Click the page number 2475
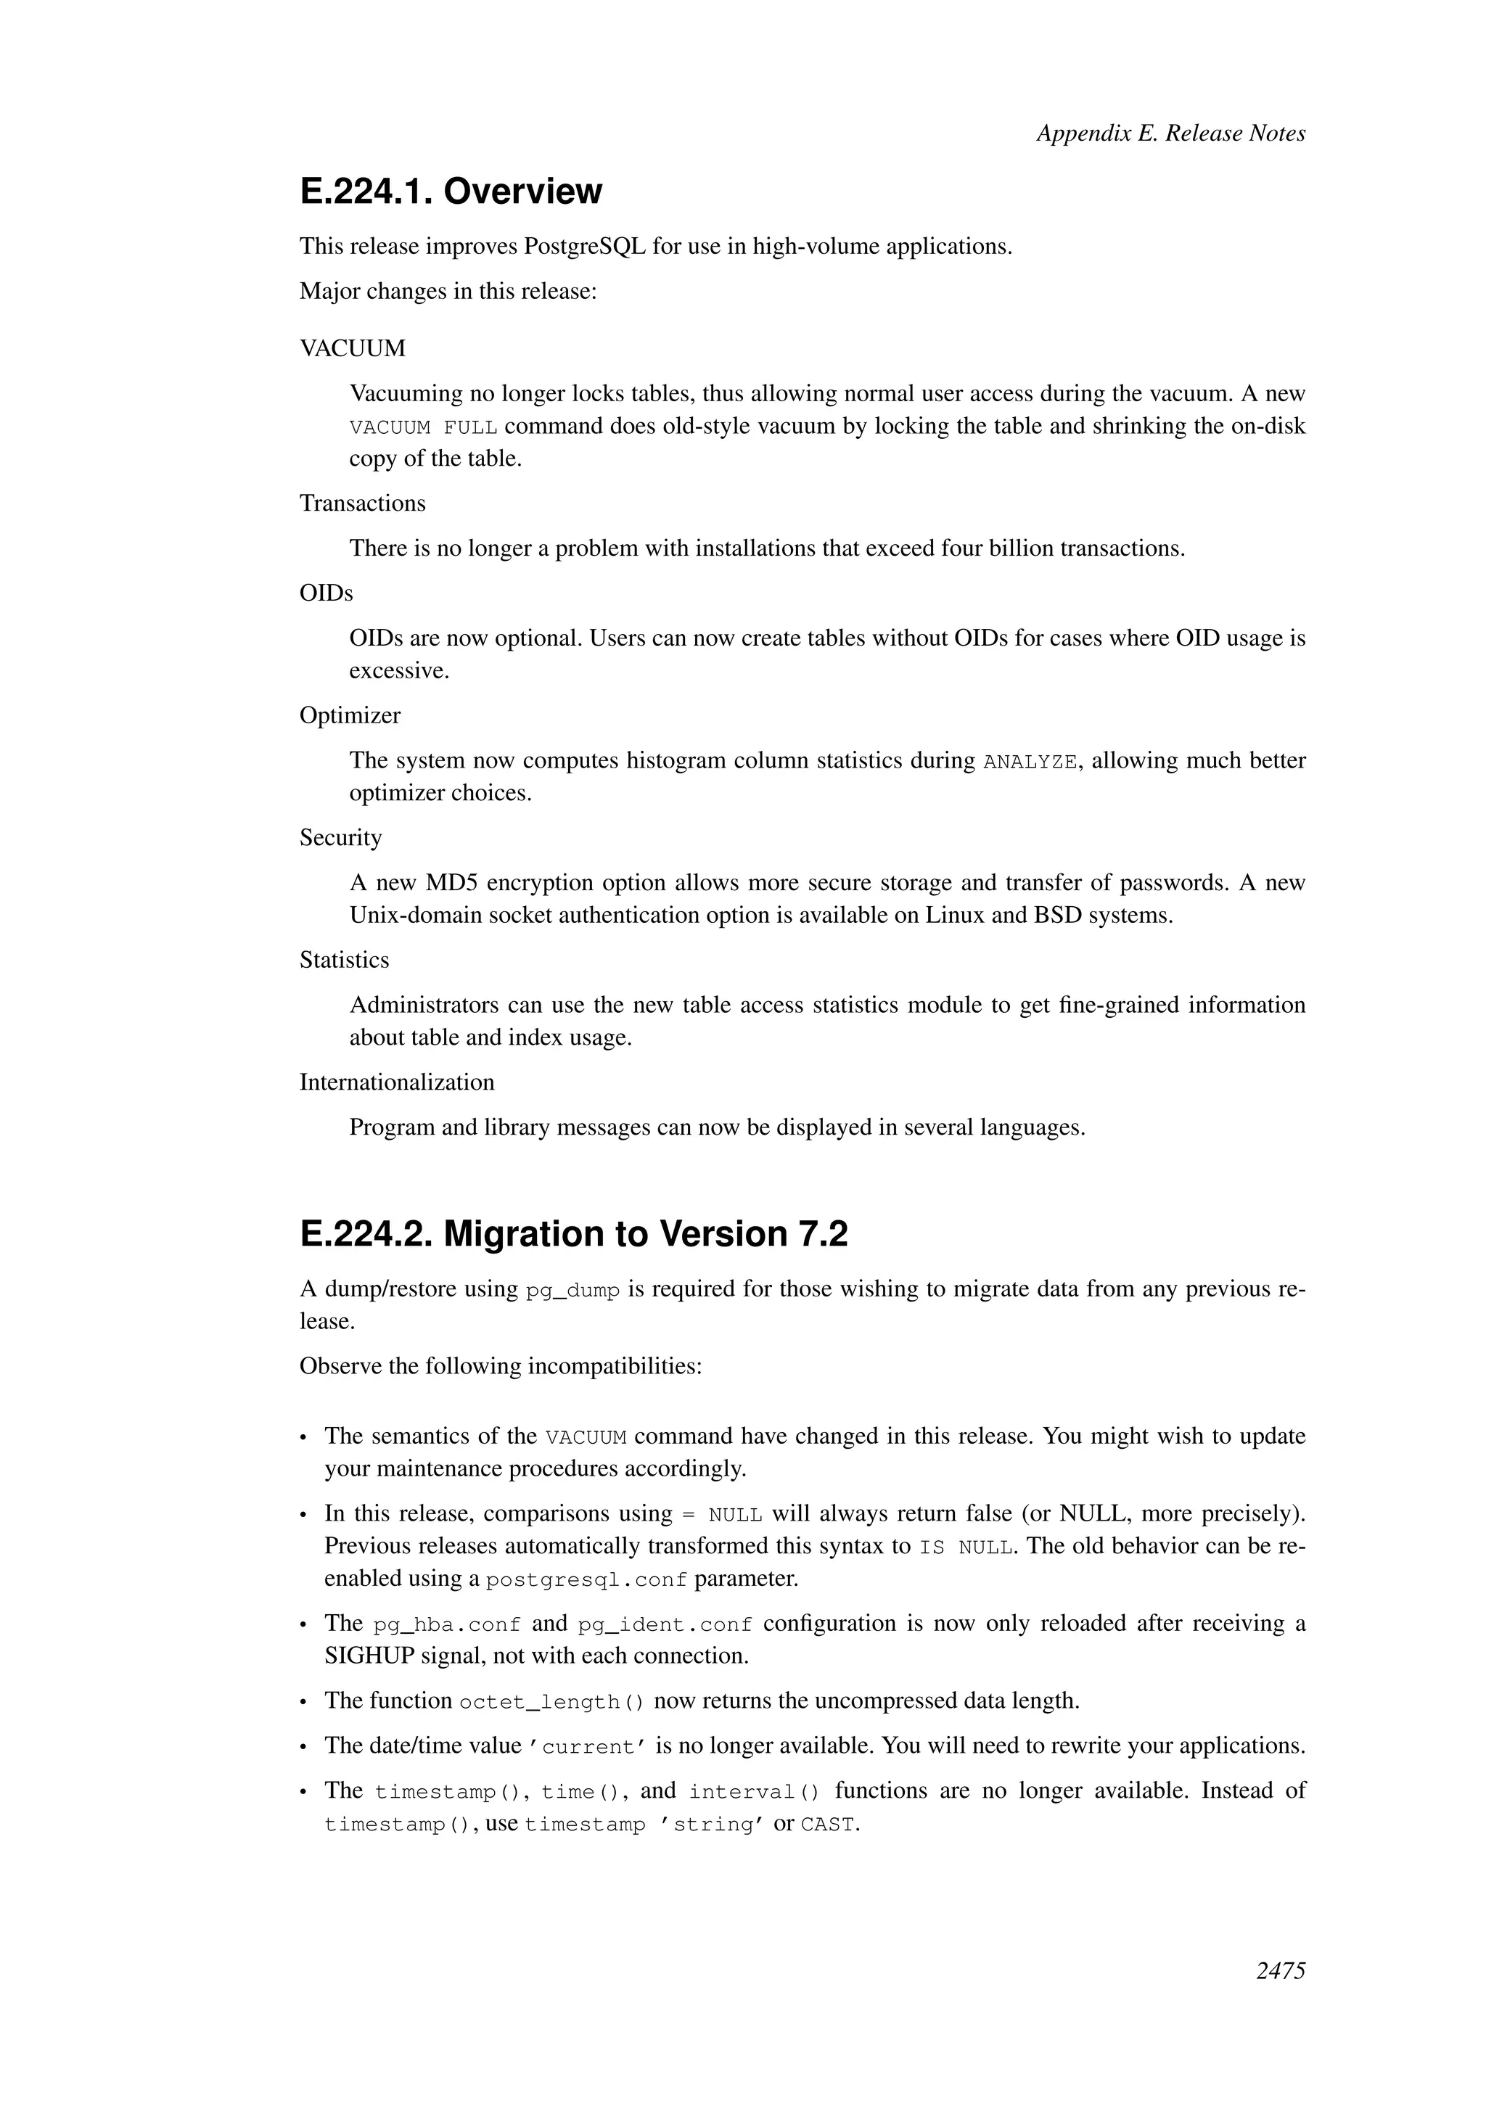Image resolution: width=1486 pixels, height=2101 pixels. [x=1280, y=1997]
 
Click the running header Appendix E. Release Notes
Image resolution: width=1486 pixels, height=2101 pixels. [x=1170, y=133]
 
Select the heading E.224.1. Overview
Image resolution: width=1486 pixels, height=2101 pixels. [x=451, y=192]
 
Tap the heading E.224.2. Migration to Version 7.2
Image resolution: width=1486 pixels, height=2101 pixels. [x=574, y=1235]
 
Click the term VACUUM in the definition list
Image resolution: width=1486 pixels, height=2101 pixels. [x=353, y=349]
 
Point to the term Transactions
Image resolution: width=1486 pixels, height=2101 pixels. [x=362, y=503]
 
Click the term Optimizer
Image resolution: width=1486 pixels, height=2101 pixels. [x=350, y=715]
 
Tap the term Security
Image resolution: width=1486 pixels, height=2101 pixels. [x=340, y=838]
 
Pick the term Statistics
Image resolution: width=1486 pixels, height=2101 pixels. [x=344, y=960]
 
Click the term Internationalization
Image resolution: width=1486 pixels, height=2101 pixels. [x=396, y=1082]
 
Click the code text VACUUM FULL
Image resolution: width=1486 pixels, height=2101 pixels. [x=423, y=428]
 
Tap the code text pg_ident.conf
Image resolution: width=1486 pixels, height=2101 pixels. [x=665, y=1625]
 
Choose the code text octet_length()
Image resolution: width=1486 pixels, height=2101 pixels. [x=551, y=1703]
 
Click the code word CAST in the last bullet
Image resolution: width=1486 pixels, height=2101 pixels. [x=827, y=1825]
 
